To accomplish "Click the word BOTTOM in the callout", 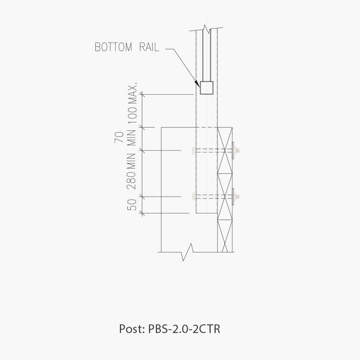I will [x=113, y=48].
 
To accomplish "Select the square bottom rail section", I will [x=207, y=88].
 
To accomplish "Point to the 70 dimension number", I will [x=119, y=138].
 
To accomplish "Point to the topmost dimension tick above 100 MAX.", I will [x=143, y=94].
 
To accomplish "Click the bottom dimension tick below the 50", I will [x=143, y=215].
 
